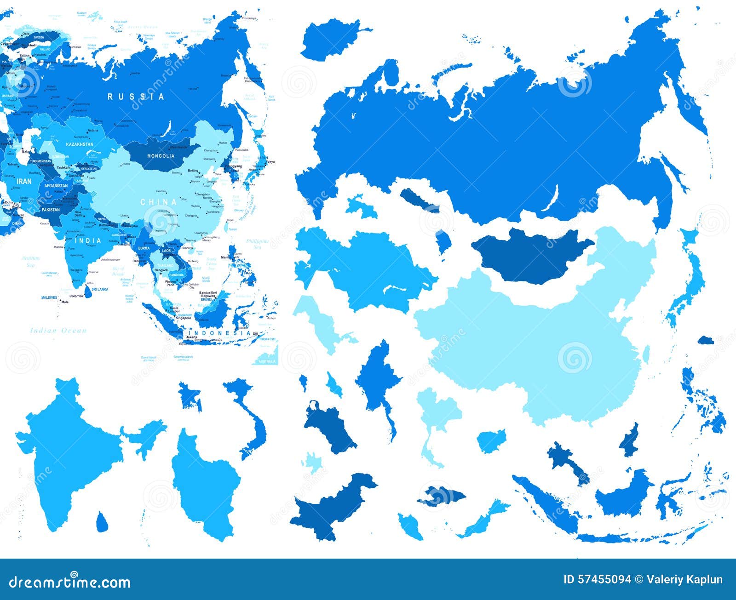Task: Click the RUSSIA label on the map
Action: (x=136, y=97)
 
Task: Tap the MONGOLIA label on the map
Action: (x=161, y=156)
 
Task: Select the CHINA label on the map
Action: (x=158, y=202)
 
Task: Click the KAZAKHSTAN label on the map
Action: (x=80, y=144)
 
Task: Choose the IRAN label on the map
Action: (x=24, y=182)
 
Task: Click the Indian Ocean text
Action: (x=58, y=331)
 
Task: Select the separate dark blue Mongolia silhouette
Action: (x=529, y=255)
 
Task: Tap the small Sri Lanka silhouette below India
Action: (x=103, y=522)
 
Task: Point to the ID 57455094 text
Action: (x=597, y=579)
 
